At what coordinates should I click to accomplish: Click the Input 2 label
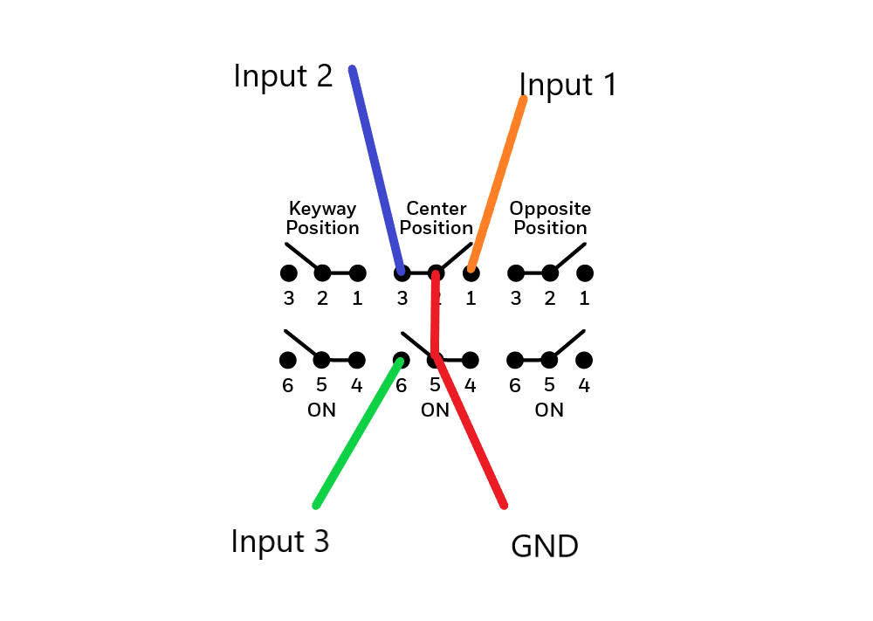(x=283, y=76)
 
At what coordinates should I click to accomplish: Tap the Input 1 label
(x=568, y=85)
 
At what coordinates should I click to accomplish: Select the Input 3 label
(x=280, y=542)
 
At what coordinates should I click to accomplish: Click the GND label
(x=544, y=547)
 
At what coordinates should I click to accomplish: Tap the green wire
(x=358, y=432)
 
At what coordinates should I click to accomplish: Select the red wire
(x=471, y=432)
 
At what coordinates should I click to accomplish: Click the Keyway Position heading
(x=323, y=218)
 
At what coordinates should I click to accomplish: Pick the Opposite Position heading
(x=550, y=218)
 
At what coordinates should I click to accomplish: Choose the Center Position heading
(x=436, y=218)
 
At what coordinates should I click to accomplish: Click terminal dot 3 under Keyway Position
(x=288, y=273)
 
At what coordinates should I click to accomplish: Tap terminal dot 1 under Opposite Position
(x=585, y=273)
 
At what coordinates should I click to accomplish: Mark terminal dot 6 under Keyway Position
(x=288, y=360)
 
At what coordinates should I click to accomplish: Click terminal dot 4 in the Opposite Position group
(x=585, y=360)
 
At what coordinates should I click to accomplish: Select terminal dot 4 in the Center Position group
(x=471, y=360)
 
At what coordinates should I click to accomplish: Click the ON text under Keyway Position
(x=322, y=410)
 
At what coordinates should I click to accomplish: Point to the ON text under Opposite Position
(x=549, y=410)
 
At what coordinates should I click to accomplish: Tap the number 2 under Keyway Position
(x=322, y=299)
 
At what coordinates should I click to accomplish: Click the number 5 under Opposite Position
(x=549, y=385)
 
